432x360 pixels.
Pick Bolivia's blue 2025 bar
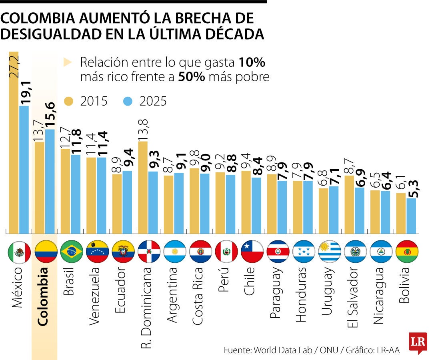[411, 216]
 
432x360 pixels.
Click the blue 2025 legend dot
[128, 101]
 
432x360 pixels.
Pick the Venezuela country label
[96, 292]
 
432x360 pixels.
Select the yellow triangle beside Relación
[67, 62]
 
